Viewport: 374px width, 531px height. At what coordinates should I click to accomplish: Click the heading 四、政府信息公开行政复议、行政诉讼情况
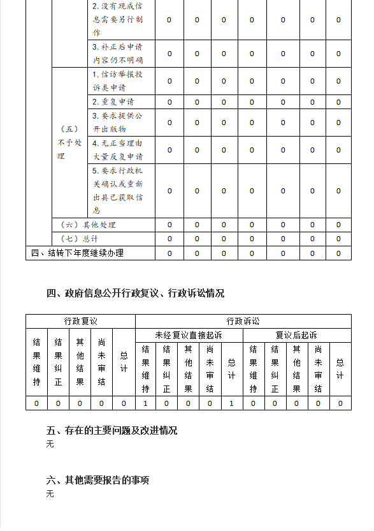pos(135,294)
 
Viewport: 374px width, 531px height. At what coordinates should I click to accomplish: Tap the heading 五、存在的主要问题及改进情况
pos(111,431)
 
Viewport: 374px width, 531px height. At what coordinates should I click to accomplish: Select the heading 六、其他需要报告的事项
pos(97,480)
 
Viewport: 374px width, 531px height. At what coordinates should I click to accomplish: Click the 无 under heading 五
pos(50,444)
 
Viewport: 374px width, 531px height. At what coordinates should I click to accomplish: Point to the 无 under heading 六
pos(50,493)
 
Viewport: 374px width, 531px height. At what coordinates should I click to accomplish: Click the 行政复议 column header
pos(80,321)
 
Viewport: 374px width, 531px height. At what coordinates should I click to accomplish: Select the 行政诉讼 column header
pos(243,321)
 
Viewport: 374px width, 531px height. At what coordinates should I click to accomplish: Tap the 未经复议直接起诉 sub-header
pos(189,335)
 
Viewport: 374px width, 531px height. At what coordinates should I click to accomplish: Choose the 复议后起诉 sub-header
pos(296,335)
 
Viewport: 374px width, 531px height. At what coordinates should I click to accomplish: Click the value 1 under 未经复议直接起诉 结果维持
pos(145,403)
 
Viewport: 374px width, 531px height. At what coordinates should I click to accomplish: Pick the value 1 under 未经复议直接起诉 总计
pos(231,403)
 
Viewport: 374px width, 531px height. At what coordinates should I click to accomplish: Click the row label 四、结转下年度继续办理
pos(77,253)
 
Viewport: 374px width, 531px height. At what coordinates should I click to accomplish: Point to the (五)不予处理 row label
pos(69,142)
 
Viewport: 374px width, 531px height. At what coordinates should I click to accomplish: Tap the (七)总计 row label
pos(79,239)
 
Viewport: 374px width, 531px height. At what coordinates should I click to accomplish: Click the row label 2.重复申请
pos(113,102)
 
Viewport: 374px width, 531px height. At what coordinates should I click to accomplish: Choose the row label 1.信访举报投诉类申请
pos(117,81)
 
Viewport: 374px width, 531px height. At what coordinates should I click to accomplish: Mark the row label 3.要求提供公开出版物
pos(117,123)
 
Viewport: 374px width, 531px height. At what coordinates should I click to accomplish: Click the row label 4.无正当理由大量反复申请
pos(117,150)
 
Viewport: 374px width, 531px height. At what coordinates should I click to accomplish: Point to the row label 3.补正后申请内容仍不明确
pos(117,54)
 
